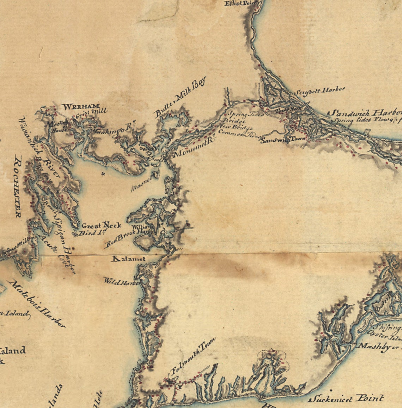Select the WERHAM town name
pos(81,106)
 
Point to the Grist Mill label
pos(92,113)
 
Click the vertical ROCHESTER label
pos(18,187)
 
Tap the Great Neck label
pos(101,225)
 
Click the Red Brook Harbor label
pos(130,237)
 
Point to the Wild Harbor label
pos(122,282)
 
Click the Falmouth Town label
pos(193,356)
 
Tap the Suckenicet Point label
pos(346,399)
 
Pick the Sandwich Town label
pos(283,140)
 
